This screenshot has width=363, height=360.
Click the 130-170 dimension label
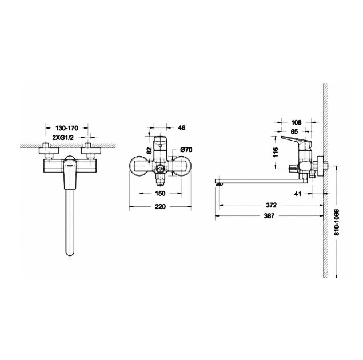coord(67,127)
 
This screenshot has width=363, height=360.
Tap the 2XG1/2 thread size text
coord(63,138)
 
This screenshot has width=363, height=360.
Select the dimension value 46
coord(182,127)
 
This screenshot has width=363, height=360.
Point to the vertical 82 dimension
coord(149,151)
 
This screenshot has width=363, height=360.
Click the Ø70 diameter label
coord(186,150)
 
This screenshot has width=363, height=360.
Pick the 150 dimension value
coord(160,193)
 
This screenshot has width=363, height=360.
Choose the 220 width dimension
coord(160,206)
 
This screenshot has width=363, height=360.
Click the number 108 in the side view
coord(296,122)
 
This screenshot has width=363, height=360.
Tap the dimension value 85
coord(294,131)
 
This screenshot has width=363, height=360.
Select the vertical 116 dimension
coord(276,152)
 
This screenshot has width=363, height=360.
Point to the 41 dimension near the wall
coord(297,193)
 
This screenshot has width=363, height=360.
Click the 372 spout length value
coord(271,205)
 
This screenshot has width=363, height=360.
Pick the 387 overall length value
coord(269,216)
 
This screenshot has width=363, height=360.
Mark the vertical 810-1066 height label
coord(337,222)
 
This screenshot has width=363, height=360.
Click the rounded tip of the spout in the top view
coord(70,254)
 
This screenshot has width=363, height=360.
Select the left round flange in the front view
coord(139,167)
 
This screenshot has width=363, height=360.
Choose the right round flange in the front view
coord(182,167)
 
